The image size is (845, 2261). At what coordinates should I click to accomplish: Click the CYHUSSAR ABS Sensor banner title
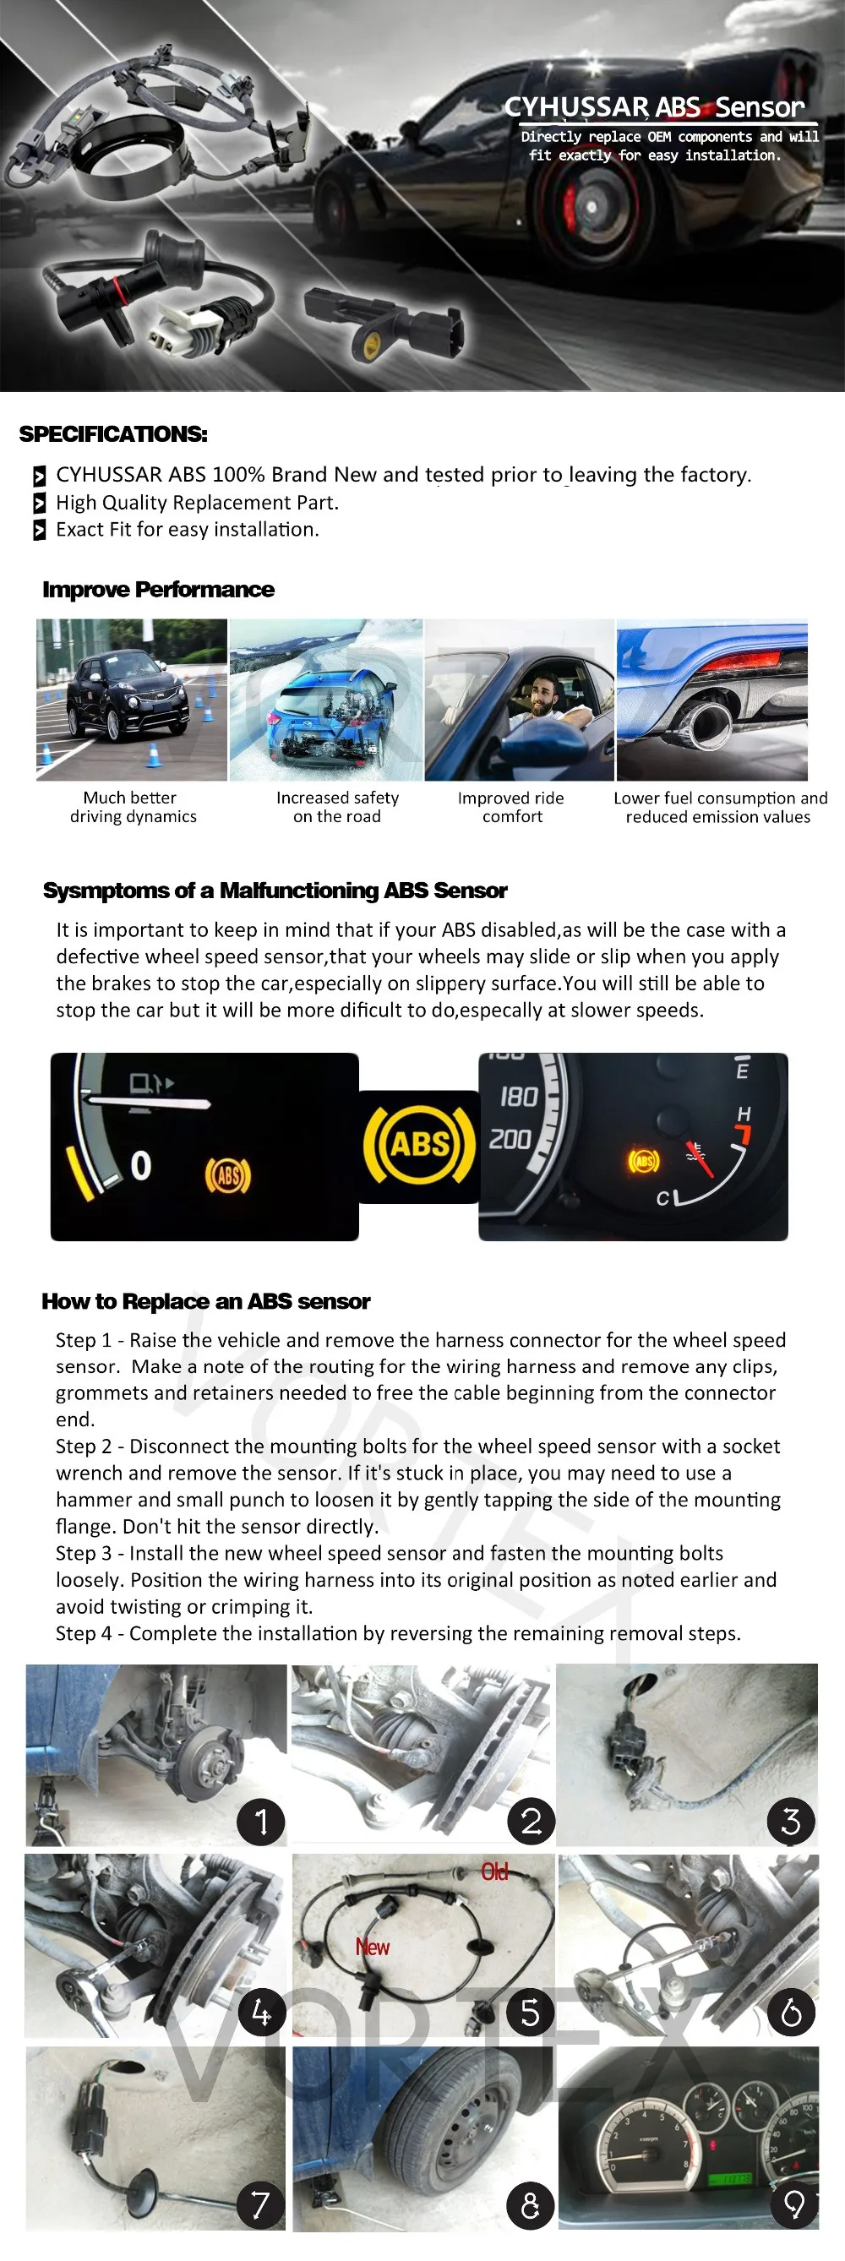point(654,107)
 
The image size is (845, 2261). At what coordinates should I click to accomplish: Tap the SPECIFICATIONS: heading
point(113,434)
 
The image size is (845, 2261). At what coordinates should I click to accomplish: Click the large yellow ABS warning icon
point(419,1144)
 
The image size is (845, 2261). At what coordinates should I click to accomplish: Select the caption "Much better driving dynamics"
point(133,807)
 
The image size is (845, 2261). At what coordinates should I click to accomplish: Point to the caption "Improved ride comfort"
point(510,807)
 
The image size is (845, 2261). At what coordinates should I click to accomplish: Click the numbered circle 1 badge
point(260,1822)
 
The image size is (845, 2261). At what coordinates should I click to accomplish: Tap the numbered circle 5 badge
point(530,2012)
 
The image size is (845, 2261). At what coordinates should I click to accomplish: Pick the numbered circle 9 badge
point(793,2204)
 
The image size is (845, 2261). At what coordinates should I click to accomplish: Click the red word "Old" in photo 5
point(494,1873)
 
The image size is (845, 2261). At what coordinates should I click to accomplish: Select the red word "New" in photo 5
point(372,1947)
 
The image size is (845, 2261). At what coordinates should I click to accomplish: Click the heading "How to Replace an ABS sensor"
point(205,1301)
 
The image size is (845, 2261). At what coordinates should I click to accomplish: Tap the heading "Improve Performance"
point(158,590)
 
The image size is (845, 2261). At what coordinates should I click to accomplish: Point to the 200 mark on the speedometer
point(510,1139)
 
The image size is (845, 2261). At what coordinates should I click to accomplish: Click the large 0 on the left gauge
point(140,1166)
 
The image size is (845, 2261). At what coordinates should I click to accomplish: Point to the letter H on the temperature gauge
point(744,1113)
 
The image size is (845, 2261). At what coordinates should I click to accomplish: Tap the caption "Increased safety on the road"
point(337,807)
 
